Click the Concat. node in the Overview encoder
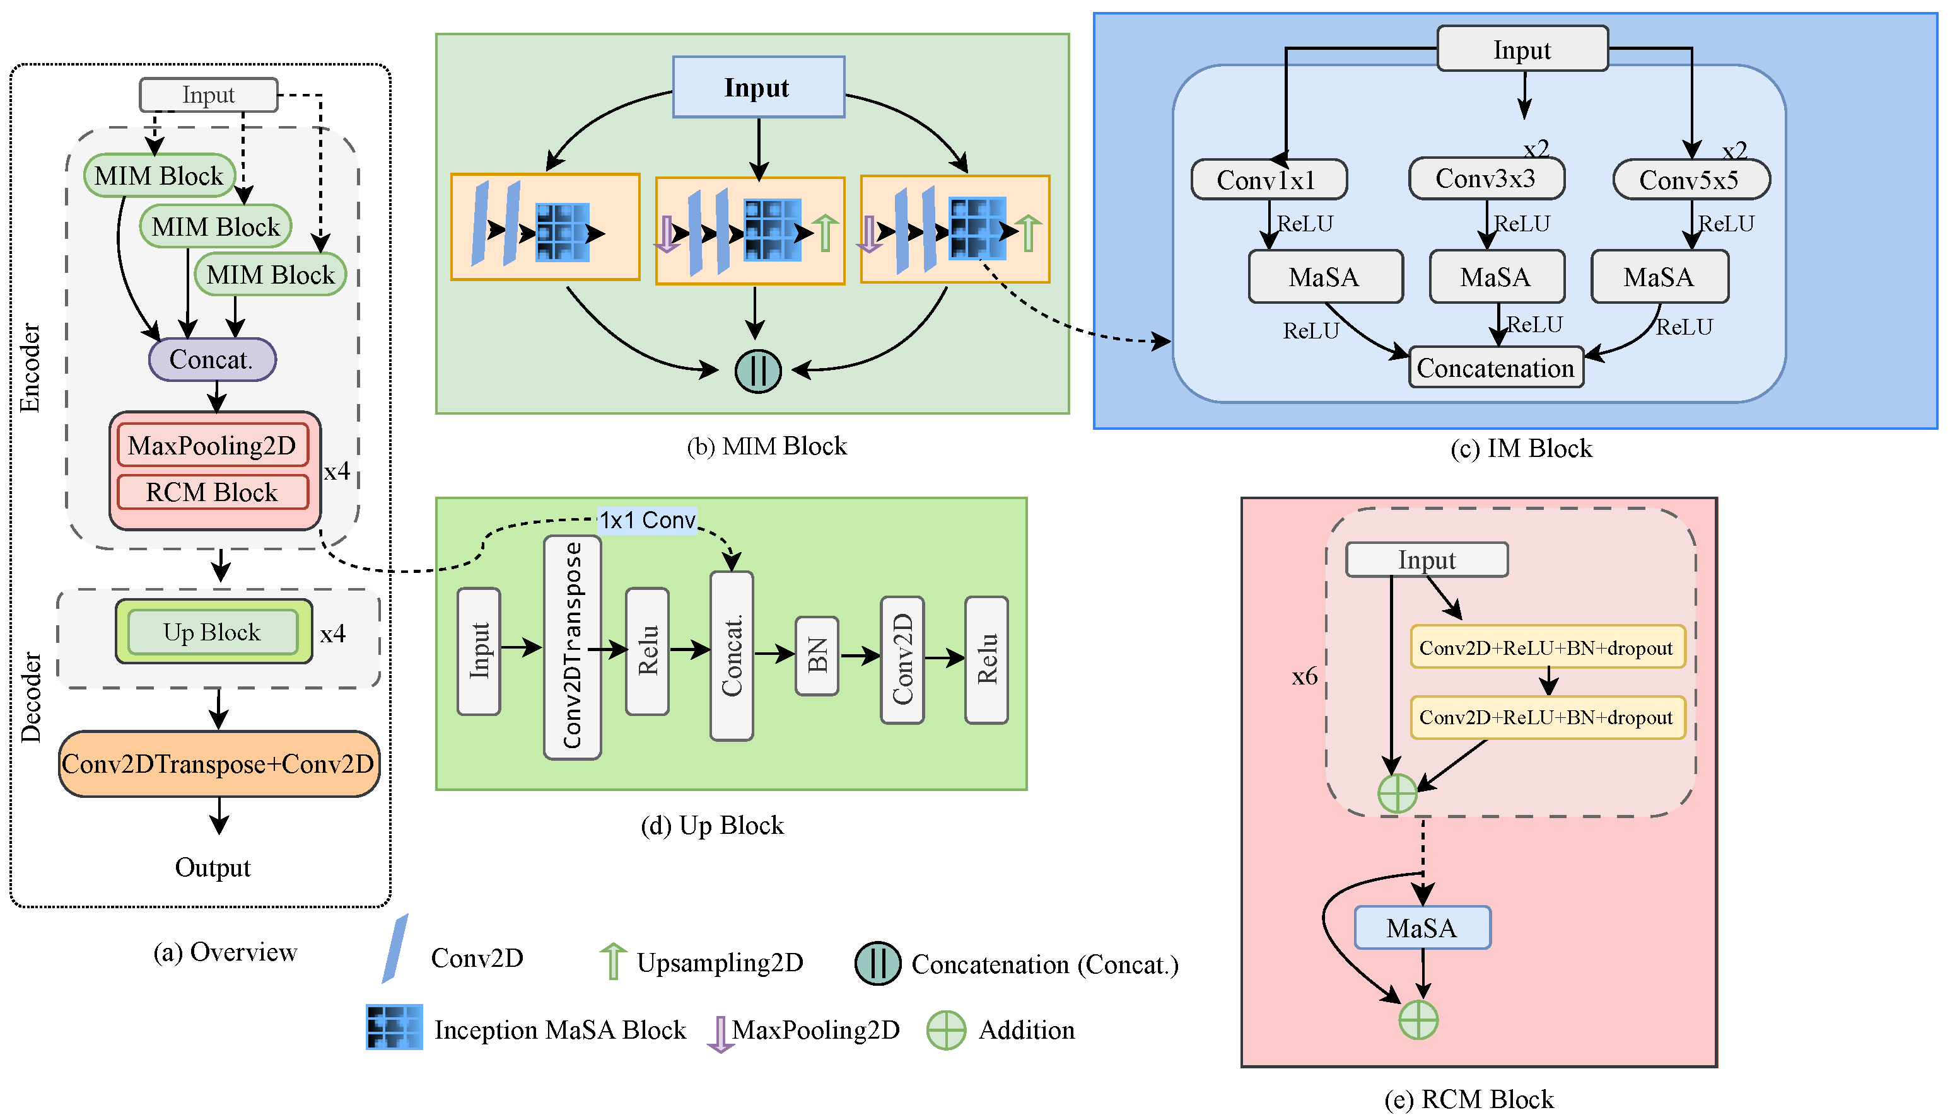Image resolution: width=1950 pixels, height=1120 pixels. pyautogui.click(x=212, y=359)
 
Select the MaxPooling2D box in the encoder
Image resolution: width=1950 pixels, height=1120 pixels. pyautogui.click(x=213, y=446)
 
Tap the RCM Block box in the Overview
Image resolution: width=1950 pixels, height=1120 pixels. pyautogui.click(x=213, y=492)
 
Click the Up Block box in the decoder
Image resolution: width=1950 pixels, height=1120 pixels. pyautogui.click(x=213, y=632)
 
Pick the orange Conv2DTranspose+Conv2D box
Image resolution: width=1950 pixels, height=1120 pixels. pyautogui.click(x=219, y=764)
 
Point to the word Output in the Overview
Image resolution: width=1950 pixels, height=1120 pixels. pyautogui.click(x=213, y=868)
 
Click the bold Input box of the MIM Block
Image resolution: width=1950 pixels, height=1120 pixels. pyautogui.click(x=758, y=88)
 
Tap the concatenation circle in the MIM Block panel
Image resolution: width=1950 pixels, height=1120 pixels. pyautogui.click(x=758, y=371)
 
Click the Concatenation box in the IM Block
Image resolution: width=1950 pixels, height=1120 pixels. pyautogui.click(x=1495, y=367)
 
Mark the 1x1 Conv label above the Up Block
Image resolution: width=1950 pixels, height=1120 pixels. pyautogui.click(x=647, y=521)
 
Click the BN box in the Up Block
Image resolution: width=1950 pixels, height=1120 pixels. pyautogui.click(x=817, y=655)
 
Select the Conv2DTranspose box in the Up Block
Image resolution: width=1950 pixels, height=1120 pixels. pyautogui.click(x=572, y=646)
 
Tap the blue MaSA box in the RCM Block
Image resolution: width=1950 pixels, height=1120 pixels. pyautogui.click(x=1422, y=928)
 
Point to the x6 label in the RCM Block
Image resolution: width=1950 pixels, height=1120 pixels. pyautogui.click(x=1304, y=677)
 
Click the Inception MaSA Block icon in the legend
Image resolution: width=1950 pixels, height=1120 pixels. pyautogui.click(x=394, y=1027)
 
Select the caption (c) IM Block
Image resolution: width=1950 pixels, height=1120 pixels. pyautogui.click(x=1521, y=449)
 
